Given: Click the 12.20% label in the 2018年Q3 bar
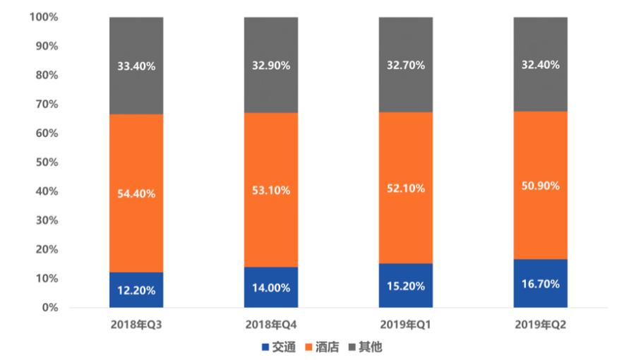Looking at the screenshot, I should tap(136, 290).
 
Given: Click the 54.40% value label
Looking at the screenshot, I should tap(136, 193).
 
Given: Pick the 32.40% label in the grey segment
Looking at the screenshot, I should tap(541, 65).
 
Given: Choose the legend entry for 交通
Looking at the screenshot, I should tap(278, 347).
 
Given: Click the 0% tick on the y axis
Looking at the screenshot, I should tap(49, 308).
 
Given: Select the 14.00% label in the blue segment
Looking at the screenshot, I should tap(271, 288).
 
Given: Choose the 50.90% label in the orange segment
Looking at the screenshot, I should tap(541, 186).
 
